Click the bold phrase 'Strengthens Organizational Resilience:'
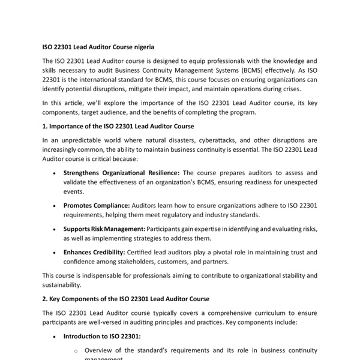coord(121,173)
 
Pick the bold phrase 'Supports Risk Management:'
coord(104,229)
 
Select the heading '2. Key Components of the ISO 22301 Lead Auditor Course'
coord(126,299)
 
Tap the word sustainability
coord(62,285)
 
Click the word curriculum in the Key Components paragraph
coord(248,313)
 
